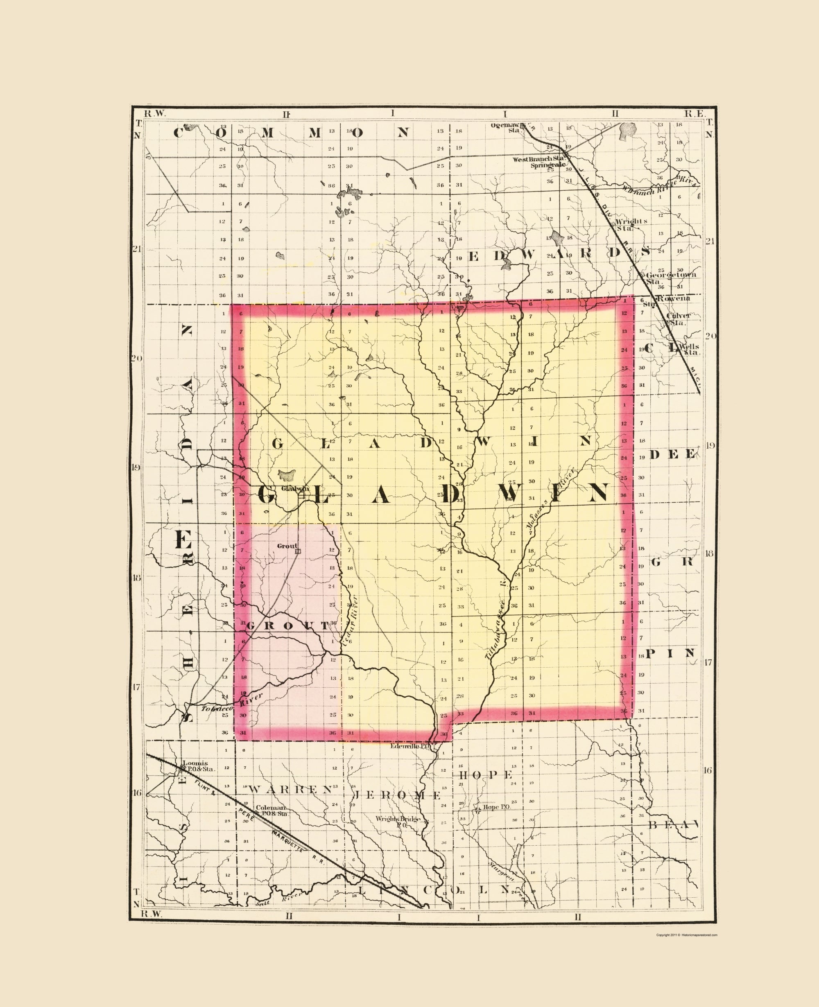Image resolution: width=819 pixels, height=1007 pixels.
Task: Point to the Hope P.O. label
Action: point(496,807)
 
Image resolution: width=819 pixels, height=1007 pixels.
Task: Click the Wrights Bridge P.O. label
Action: point(397,821)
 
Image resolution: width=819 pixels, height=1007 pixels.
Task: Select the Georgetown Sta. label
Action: point(670,278)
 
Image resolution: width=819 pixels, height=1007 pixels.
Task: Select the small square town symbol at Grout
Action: point(297,551)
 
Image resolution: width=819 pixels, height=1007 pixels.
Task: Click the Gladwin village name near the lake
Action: point(295,489)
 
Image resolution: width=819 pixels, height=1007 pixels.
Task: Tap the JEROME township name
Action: point(397,795)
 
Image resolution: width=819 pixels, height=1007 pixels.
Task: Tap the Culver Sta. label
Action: point(678,318)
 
